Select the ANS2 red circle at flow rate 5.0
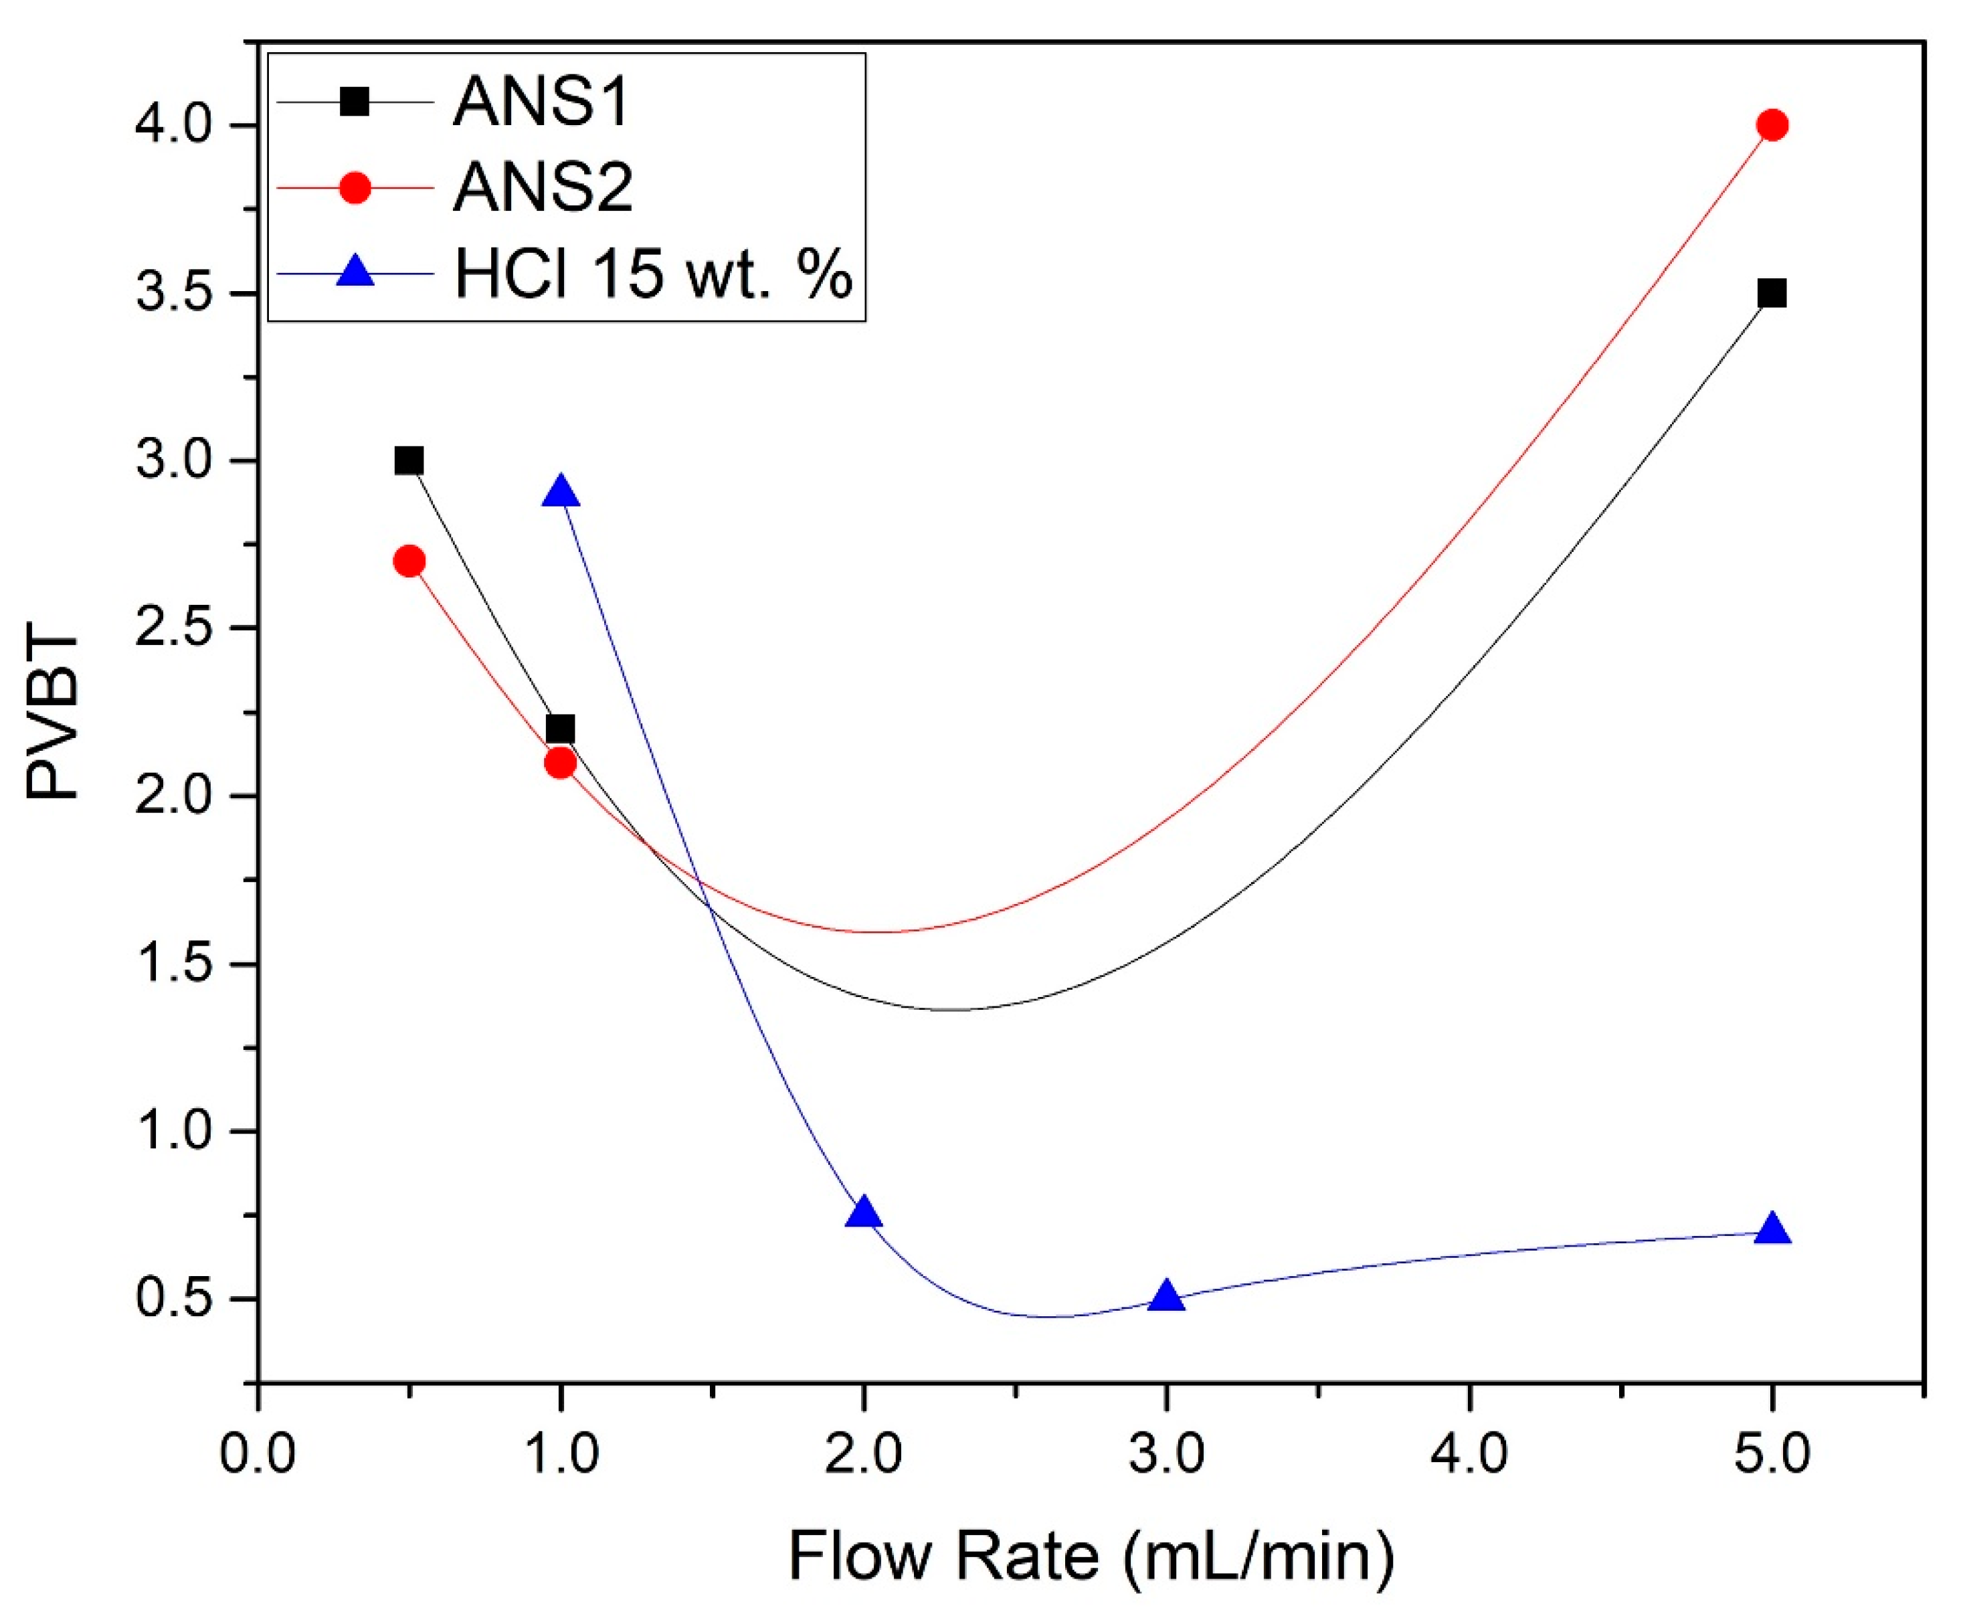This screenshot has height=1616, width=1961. pos(1772,124)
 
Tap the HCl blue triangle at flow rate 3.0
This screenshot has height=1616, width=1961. pos(1166,1297)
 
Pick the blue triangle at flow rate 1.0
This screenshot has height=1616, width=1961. pos(560,492)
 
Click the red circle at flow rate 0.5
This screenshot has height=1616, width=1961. pos(409,561)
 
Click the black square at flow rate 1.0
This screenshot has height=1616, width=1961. pos(560,729)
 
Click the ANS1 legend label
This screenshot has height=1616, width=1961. pos(542,102)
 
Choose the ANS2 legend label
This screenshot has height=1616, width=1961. pos(543,188)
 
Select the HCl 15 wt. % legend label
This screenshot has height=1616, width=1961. pos(654,274)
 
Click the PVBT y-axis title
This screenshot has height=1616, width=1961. pos(53,717)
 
